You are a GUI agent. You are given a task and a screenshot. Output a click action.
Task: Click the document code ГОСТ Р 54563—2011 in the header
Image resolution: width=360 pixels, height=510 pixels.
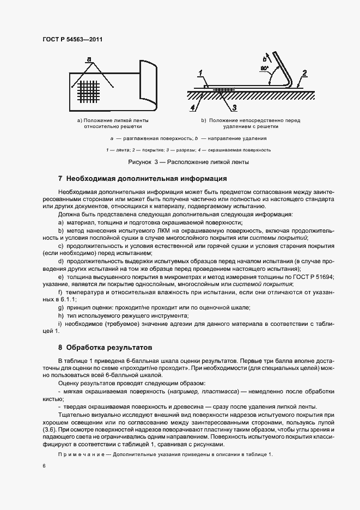[x=72, y=40]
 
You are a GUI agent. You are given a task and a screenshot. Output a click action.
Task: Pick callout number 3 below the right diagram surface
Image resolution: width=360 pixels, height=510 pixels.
[x=234, y=107]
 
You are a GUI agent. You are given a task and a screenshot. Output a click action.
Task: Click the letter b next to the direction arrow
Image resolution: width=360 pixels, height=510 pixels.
[x=264, y=58]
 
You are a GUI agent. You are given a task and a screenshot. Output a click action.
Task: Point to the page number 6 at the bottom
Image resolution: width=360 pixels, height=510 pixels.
[x=44, y=467]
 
